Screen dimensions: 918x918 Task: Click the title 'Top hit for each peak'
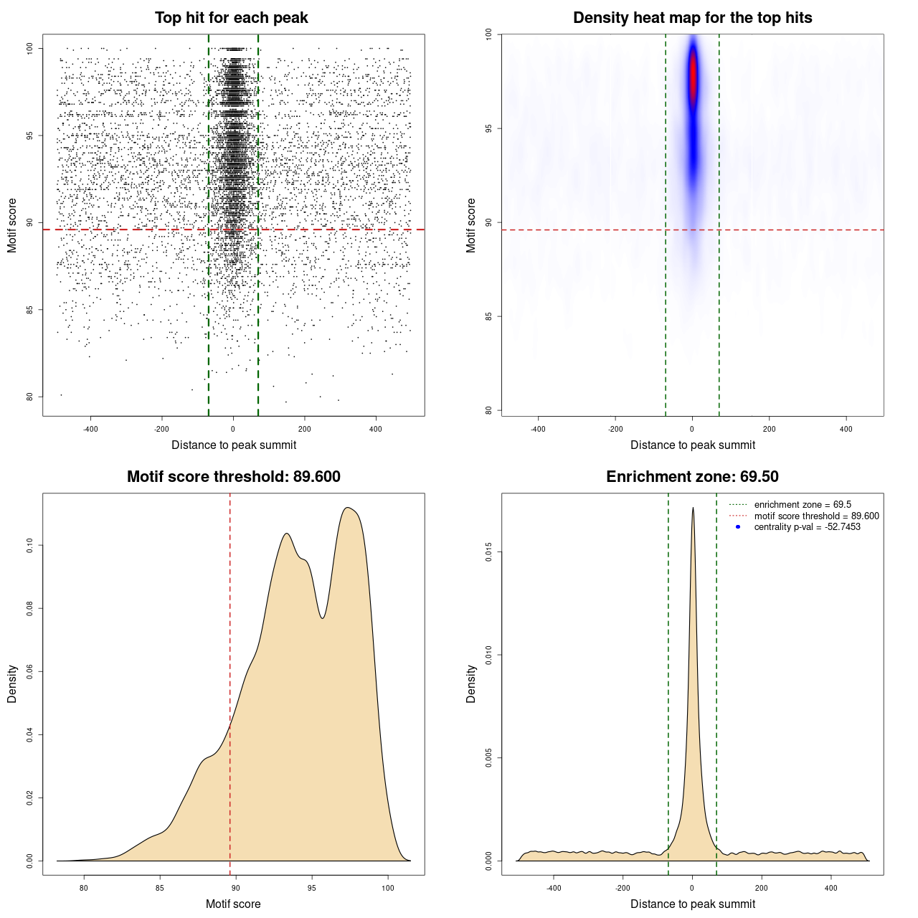pyautogui.click(x=231, y=18)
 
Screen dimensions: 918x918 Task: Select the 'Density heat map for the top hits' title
pyautogui.click(x=692, y=18)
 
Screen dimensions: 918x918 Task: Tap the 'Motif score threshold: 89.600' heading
pyautogui.click(x=233, y=477)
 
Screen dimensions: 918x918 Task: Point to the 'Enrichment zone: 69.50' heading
pyautogui.click(x=692, y=477)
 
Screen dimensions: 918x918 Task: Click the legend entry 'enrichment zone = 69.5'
pyautogui.click(x=803, y=505)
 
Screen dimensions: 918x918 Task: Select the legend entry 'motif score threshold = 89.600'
pyautogui.click(x=816, y=516)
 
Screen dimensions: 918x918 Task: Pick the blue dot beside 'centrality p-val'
pyautogui.click(x=738, y=527)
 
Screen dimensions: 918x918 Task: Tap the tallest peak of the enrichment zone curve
pyautogui.click(x=693, y=508)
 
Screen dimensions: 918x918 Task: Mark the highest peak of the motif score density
pyautogui.click(x=348, y=508)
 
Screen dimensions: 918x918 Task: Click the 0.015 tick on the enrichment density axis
pyautogui.click(x=489, y=552)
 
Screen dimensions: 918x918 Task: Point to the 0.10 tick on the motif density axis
pyautogui.click(x=30, y=546)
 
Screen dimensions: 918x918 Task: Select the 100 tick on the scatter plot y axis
pyautogui.click(x=30, y=48)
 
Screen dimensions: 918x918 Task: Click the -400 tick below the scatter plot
pyautogui.click(x=90, y=429)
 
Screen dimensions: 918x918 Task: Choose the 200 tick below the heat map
pyautogui.click(x=769, y=429)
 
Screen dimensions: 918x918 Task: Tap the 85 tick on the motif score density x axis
pyautogui.click(x=160, y=888)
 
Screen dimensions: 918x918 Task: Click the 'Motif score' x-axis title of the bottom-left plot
pyautogui.click(x=233, y=904)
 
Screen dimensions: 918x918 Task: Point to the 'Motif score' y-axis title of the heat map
pyautogui.click(x=471, y=225)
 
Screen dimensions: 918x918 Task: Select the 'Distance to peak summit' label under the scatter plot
pyautogui.click(x=234, y=445)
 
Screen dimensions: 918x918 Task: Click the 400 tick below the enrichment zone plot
pyautogui.click(x=831, y=888)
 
